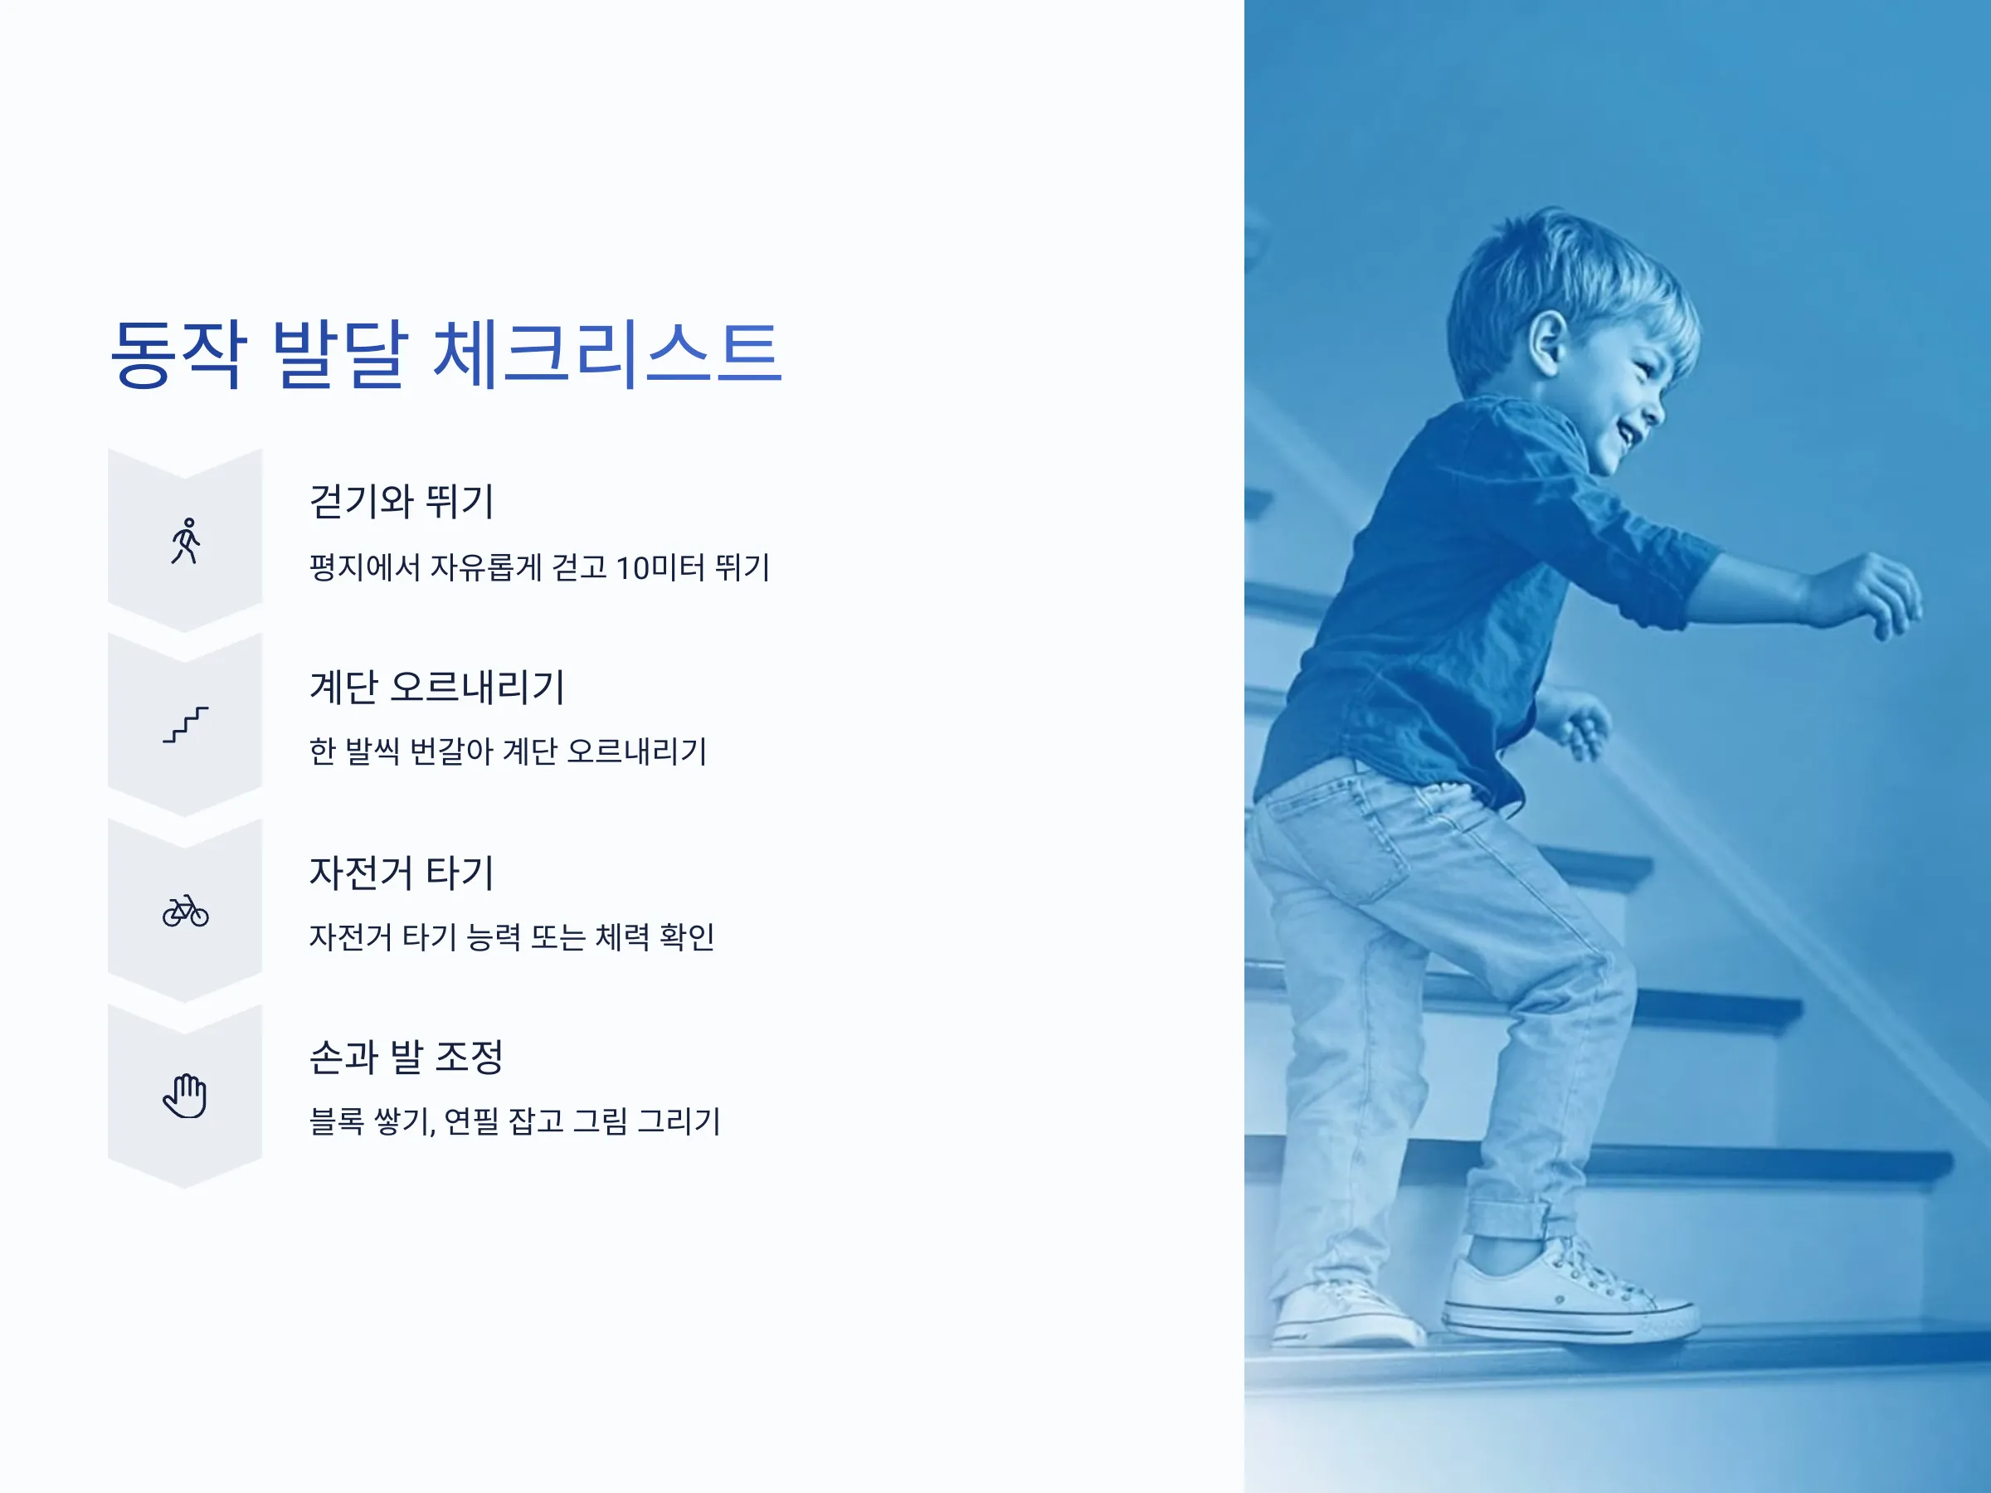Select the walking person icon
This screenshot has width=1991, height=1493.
point(186,541)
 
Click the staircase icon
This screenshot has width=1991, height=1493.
point(186,724)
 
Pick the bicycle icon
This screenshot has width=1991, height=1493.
point(186,911)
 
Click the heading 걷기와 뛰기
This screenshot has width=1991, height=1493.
point(402,501)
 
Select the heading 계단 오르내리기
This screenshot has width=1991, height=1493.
point(437,687)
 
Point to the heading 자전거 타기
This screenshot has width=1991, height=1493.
point(402,872)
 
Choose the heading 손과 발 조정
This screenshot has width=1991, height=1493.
point(406,1057)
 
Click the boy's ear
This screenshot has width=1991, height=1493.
point(1547,343)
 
